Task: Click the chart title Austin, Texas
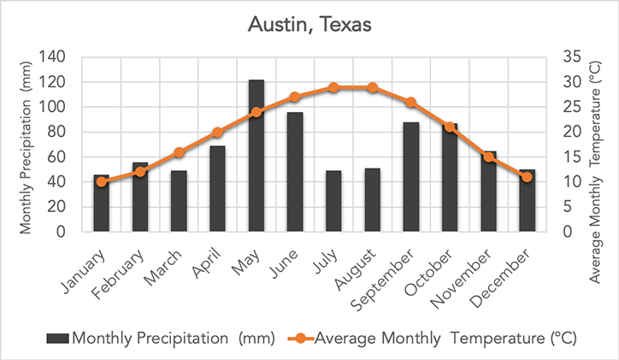[x=309, y=25]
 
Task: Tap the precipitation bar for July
[x=333, y=202]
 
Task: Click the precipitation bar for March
[x=179, y=202]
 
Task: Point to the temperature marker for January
[x=102, y=181]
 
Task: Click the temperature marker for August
[x=372, y=87]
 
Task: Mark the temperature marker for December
[x=527, y=177]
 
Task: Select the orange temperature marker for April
[x=217, y=133]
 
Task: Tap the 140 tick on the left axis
[x=53, y=57]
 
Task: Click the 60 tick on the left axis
[x=57, y=157]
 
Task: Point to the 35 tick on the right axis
[x=572, y=57]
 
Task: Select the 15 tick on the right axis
[x=572, y=157]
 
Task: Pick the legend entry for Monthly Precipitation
[x=162, y=339]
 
